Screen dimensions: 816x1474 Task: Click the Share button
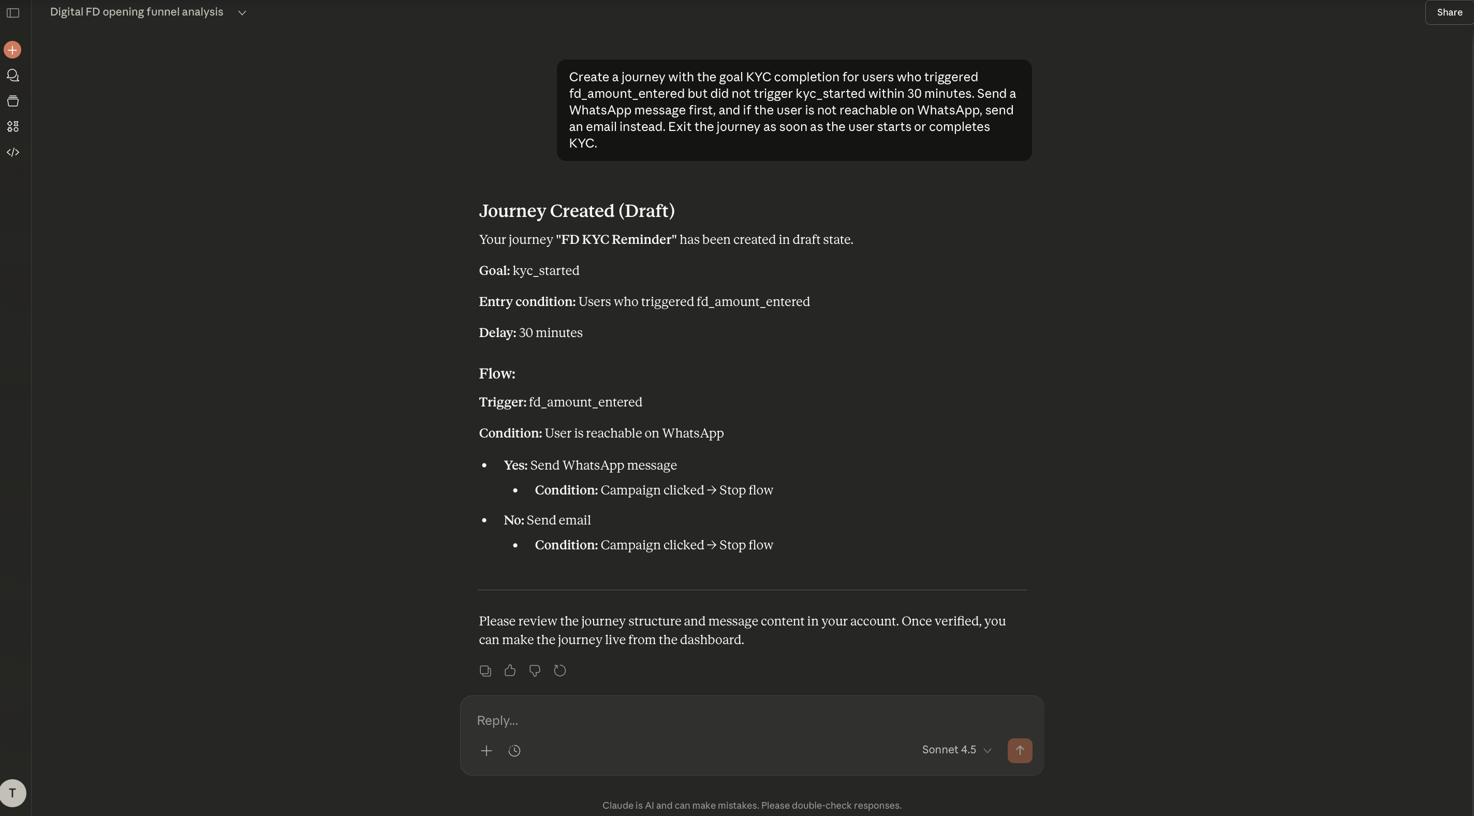point(1449,12)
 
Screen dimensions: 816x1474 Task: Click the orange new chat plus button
point(12,50)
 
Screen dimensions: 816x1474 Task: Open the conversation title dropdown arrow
point(242,12)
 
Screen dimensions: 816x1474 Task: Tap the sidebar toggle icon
point(12,12)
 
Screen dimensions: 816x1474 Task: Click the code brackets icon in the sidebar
point(12,152)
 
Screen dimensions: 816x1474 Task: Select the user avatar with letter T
point(12,793)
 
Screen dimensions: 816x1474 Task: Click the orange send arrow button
point(1019,750)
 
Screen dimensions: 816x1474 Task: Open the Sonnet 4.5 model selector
point(956,750)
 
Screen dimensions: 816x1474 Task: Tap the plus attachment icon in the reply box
point(487,751)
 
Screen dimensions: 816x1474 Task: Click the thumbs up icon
point(510,671)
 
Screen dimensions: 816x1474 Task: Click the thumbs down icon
point(535,671)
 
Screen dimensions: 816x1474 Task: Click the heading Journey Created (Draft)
point(576,211)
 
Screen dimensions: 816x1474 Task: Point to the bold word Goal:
point(494,271)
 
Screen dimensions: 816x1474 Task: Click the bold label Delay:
point(497,333)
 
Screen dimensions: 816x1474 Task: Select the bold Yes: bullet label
point(515,465)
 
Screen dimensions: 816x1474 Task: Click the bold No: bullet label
point(513,520)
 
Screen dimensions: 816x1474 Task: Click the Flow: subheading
point(497,374)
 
